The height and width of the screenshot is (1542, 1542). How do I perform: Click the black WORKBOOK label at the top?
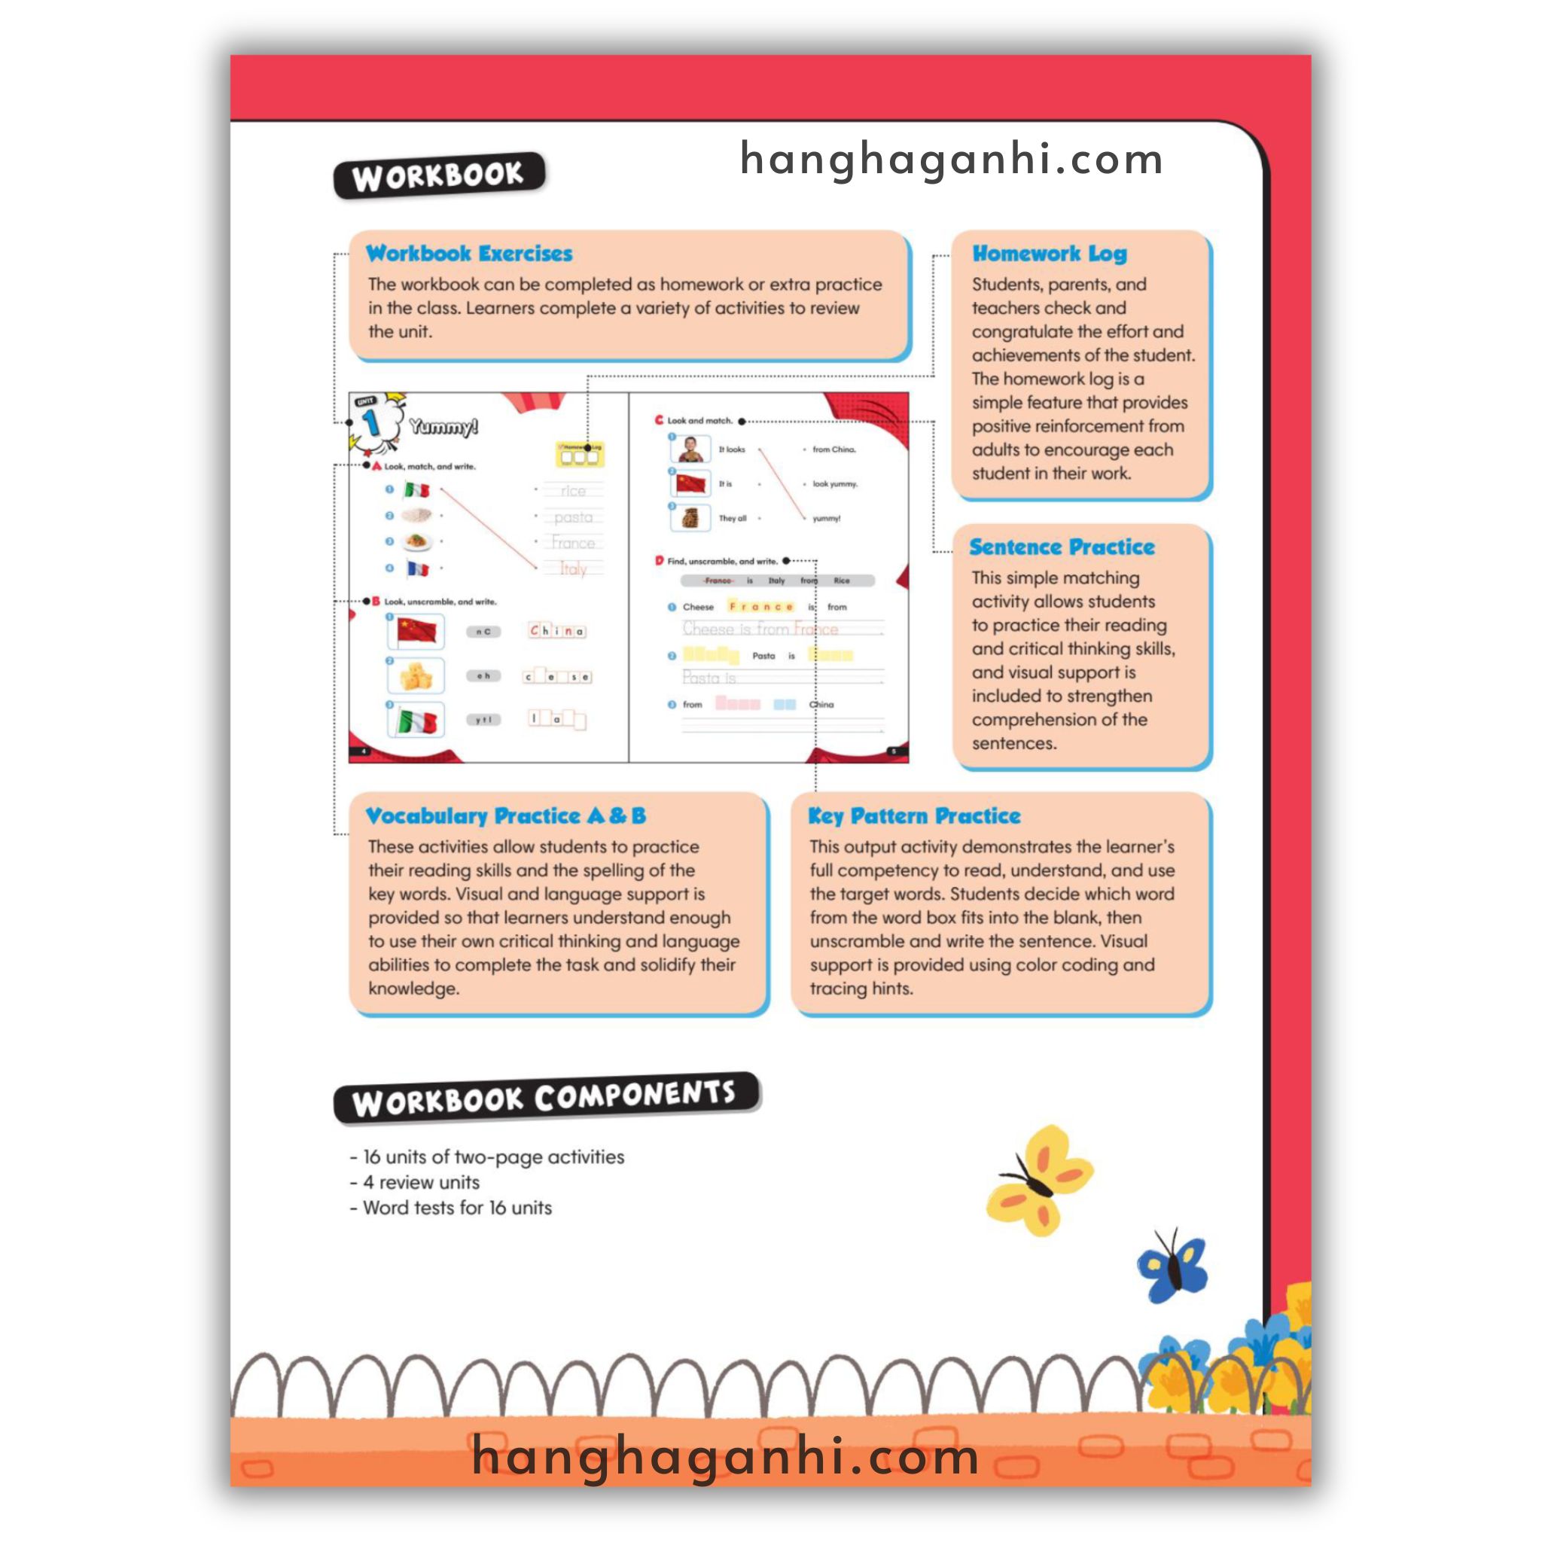[439, 175]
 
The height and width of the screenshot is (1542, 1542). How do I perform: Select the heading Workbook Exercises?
[468, 254]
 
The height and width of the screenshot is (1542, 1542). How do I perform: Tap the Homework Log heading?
[1049, 254]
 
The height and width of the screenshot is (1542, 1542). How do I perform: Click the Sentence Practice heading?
[1062, 547]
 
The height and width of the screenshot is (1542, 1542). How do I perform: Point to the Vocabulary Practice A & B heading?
[505, 815]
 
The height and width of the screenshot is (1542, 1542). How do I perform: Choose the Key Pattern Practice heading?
[914, 815]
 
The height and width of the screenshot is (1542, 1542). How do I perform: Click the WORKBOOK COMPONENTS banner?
[545, 1099]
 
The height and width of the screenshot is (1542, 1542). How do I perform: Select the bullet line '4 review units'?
[421, 1182]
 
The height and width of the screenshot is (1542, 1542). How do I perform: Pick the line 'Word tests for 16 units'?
[456, 1208]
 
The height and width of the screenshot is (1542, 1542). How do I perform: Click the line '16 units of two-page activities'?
[493, 1156]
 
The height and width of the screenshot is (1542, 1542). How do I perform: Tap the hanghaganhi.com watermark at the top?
[952, 159]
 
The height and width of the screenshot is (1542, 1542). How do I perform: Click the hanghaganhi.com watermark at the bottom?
[725, 1456]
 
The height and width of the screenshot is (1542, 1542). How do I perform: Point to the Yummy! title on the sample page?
[443, 427]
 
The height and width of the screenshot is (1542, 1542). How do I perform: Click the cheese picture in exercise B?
[416, 677]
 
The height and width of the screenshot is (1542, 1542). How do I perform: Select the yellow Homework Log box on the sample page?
[580, 455]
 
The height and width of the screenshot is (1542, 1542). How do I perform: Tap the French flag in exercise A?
[417, 568]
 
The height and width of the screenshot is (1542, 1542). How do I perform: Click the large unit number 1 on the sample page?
[371, 422]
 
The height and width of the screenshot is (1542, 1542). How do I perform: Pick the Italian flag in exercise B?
[416, 721]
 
